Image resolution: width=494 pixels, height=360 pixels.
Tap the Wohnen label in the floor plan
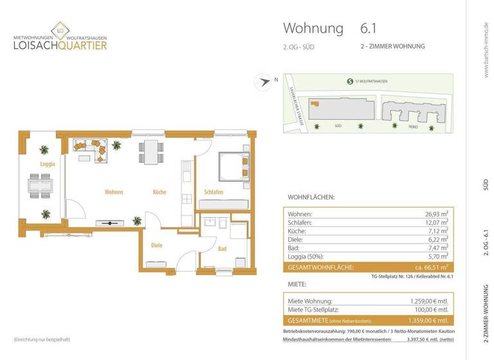coord(114,192)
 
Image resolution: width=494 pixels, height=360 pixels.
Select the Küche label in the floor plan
coord(160,192)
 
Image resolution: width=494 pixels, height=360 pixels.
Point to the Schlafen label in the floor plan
coord(214,192)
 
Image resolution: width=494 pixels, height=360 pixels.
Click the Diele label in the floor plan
coord(157,245)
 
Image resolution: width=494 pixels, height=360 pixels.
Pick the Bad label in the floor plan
coord(222,248)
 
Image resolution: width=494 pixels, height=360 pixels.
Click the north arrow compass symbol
coord(262,81)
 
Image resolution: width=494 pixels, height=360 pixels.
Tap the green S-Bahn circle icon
coord(349,81)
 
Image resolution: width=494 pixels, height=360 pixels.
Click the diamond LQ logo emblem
coord(60,30)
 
